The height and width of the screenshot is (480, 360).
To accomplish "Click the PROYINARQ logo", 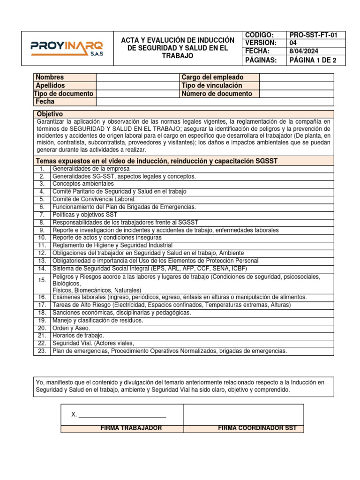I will pyautogui.click(x=67, y=48).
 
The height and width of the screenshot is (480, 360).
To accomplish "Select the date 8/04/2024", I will pyautogui.click(x=303, y=51).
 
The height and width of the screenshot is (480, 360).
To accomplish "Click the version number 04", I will pyautogui.click(x=294, y=43).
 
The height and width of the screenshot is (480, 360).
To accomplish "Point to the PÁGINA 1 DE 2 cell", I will pyautogui.click(x=310, y=60).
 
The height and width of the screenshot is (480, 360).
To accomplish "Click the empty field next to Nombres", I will pyautogui.click(x=138, y=77).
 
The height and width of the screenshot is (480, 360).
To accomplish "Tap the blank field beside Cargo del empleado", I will pyautogui.click(x=296, y=77).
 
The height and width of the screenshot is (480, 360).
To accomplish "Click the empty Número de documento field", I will pyautogui.click(x=296, y=93).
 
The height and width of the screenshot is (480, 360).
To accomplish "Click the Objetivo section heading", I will pyautogui.click(x=50, y=114).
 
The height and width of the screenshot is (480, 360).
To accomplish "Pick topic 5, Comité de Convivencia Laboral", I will pyautogui.click(x=94, y=199).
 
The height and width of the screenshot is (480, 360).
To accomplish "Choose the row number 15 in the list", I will pyautogui.click(x=42, y=280).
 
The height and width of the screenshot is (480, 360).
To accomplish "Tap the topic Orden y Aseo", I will pyautogui.click(x=71, y=328).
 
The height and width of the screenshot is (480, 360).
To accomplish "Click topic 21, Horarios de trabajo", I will pyautogui.click(x=78, y=336).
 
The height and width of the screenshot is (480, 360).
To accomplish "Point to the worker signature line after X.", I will pyautogui.click(x=122, y=415).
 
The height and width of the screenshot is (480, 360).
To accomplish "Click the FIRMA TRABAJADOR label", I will pyautogui.click(x=131, y=428).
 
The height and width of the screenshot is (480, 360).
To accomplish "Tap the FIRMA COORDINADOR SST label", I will pyautogui.click(x=257, y=428).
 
